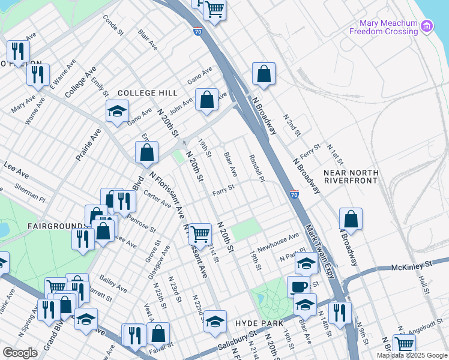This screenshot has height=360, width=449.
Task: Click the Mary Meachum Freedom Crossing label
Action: click(388, 27)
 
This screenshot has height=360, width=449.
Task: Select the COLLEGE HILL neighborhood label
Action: click(148, 93)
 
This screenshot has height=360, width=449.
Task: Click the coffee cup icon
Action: click(298, 286)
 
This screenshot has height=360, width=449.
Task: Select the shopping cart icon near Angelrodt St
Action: click(405, 344)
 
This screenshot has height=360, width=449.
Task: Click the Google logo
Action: click(20, 353)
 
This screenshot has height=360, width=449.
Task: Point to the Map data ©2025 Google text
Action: click(412, 355)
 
